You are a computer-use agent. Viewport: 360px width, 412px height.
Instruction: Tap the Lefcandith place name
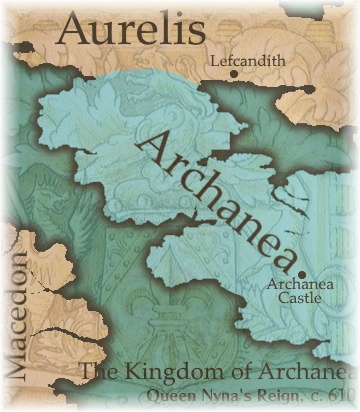(x=249, y=61)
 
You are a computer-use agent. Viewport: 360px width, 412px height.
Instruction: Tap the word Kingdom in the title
(x=169, y=373)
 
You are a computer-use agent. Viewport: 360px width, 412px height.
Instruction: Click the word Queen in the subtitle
(x=144, y=395)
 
